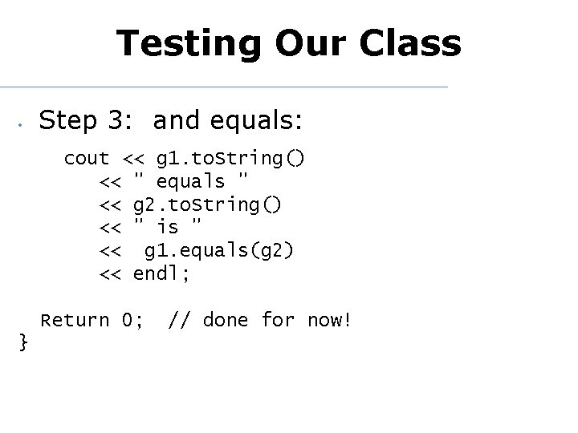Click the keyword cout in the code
pos(86,158)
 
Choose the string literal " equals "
pos(190,181)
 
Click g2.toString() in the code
pos(207,204)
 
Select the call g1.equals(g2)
pos(219,251)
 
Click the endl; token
pos(161,274)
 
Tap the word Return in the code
pos(75,321)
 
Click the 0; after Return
pos(132,321)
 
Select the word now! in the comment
pos(329,321)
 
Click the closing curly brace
pos(23,343)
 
